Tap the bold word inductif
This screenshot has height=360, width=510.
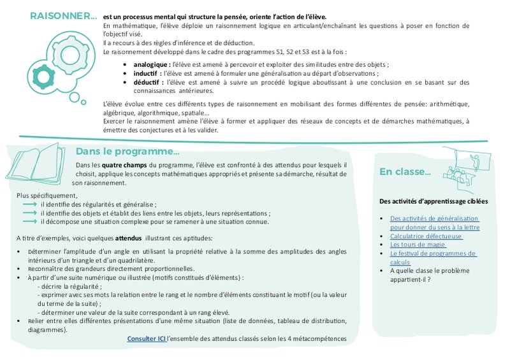tap(147, 73)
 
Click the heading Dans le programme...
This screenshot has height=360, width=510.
tap(127, 152)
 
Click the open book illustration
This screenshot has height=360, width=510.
tap(40, 162)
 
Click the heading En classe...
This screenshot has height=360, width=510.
tap(405, 171)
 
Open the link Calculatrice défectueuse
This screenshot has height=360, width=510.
tap(426, 236)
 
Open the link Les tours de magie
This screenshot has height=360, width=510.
tap(418, 245)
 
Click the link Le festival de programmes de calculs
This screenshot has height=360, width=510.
tap(433, 254)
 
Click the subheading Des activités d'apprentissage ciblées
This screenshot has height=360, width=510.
tap(433, 201)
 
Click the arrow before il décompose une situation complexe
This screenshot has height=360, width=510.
tap(30, 221)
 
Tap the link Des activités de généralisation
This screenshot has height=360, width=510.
tap(434, 218)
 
